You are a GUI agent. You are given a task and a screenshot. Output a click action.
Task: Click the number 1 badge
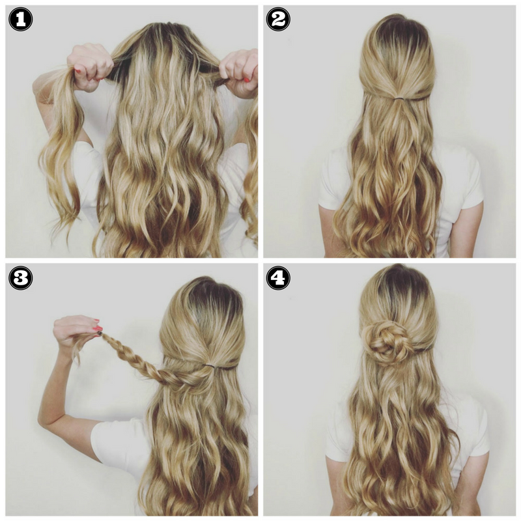click(x=20, y=20)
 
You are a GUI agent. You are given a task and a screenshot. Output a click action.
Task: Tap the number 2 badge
click(x=278, y=20)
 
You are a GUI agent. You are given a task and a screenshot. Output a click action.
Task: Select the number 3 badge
click(x=20, y=278)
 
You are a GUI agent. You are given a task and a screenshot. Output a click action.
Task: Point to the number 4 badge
click(x=278, y=278)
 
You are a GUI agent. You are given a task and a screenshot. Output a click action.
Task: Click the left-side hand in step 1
click(x=89, y=66)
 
